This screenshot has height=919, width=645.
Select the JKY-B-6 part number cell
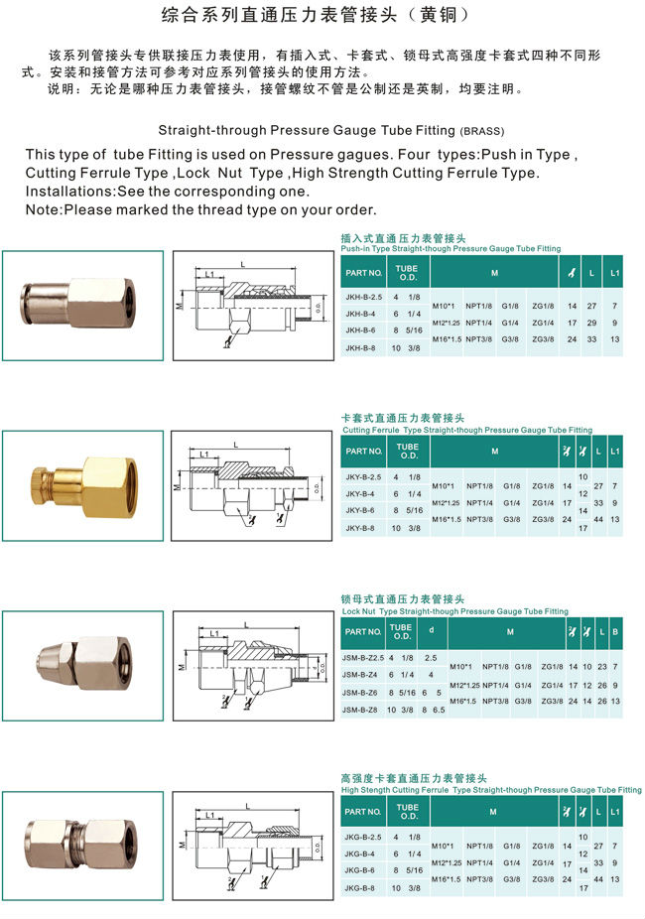coord(360,509)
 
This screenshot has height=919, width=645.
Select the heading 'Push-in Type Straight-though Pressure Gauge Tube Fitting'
coord(451,248)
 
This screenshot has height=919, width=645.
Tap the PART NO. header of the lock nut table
coord(363,631)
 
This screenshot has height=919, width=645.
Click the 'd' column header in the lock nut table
coord(430,631)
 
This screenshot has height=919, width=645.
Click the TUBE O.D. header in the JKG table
coord(408,812)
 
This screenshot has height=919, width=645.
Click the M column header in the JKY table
coord(493,452)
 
